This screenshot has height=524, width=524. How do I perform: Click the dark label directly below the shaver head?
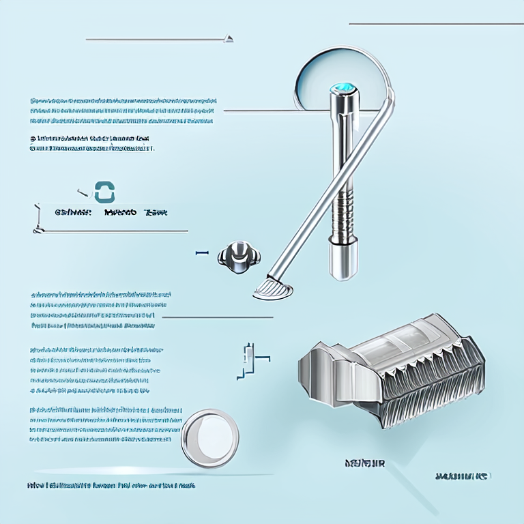click(365, 464)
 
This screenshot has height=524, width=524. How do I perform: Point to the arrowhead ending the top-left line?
click(230, 38)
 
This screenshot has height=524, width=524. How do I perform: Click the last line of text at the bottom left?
click(111, 486)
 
